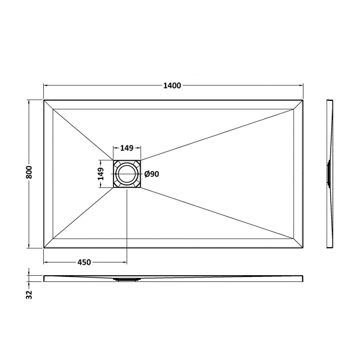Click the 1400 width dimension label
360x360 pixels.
click(x=172, y=85)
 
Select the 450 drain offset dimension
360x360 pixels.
click(x=84, y=262)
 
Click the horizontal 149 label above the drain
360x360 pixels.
click(x=127, y=148)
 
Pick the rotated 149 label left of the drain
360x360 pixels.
click(x=102, y=174)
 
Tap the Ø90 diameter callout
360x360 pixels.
click(x=152, y=174)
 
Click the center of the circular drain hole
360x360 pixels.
click(x=127, y=174)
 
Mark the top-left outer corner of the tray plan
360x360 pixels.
click(x=44, y=100)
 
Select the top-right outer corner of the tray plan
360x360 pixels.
click(x=304, y=100)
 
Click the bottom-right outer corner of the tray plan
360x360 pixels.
click(x=304, y=248)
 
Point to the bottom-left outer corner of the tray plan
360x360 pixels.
click(x=44, y=248)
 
